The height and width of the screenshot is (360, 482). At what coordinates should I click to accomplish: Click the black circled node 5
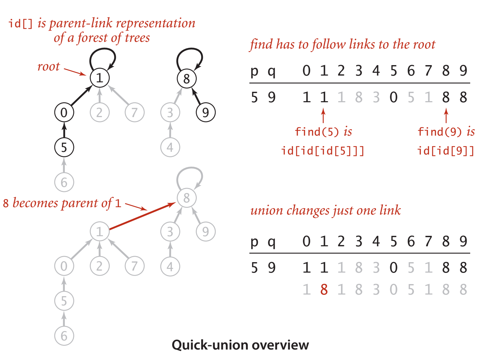tap(64, 147)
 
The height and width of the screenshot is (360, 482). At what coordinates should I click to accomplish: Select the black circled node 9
tap(206, 112)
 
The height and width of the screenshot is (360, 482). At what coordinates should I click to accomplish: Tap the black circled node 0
tap(64, 112)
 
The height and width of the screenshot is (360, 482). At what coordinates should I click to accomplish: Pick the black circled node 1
tap(100, 78)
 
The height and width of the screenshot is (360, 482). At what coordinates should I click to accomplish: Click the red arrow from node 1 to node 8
tap(142, 217)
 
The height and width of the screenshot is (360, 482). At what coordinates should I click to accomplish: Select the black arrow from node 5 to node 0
tap(64, 131)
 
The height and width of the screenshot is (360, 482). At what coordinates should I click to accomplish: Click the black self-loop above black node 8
tap(190, 57)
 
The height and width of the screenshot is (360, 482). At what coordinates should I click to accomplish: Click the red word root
tap(49, 66)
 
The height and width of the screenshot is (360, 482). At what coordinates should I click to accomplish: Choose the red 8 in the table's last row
tap(324, 289)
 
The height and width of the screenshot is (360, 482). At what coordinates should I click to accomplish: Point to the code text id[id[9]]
tap(446, 150)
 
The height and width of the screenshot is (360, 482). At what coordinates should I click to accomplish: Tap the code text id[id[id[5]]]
tap(323, 150)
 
